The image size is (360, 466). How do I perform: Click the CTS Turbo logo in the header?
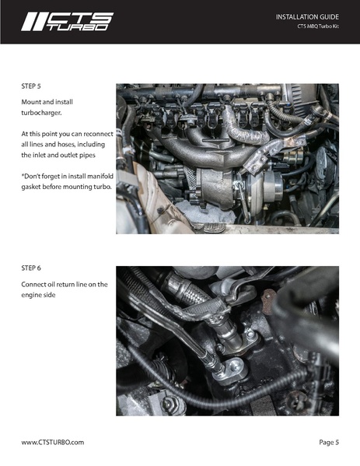click(x=67, y=22)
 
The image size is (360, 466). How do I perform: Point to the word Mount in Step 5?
click(x=33, y=102)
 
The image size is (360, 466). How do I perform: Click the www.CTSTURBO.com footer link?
click(x=52, y=442)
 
